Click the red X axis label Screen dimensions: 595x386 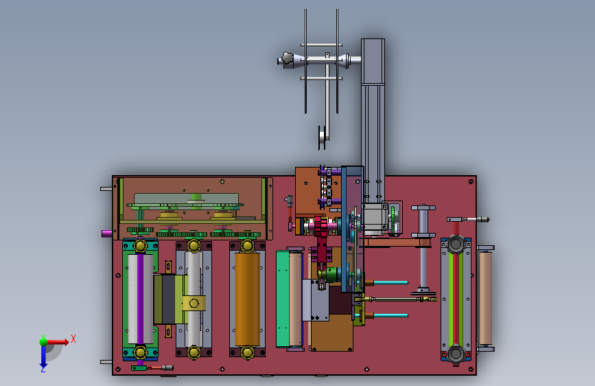click(x=73, y=339)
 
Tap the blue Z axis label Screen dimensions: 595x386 click(x=43, y=369)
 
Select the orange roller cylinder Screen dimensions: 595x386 click(x=248, y=299)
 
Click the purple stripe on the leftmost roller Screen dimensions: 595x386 click(x=140, y=299)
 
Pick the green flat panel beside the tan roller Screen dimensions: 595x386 click(x=283, y=299)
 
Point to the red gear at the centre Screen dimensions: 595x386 click(x=321, y=227)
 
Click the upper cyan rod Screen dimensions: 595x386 click(x=391, y=283)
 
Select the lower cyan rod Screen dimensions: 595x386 click(x=391, y=315)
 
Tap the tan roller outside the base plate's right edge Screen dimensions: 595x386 click(x=485, y=298)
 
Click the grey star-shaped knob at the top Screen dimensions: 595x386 click(x=288, y=60)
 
